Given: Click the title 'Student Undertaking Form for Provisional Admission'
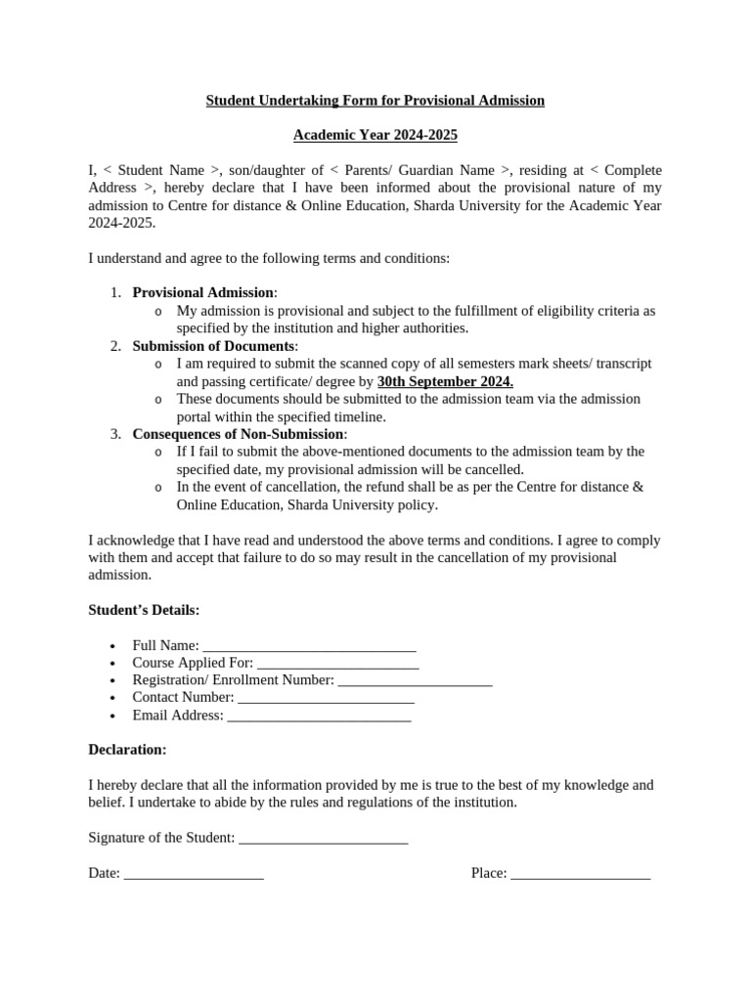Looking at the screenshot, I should tap(375, 101).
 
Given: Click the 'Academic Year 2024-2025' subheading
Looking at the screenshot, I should tap(375, 135).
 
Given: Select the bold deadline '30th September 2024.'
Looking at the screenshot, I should tap(445, 381).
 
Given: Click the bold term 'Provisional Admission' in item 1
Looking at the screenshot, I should tap(203, 292).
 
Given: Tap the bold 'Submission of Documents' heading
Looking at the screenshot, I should tap(213, 346).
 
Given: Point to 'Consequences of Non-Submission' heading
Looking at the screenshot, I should tap(239, 434).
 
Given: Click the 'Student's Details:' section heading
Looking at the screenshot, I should tap(144, 610).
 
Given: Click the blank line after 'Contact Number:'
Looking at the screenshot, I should tap(326, 699).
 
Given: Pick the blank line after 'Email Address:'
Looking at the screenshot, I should tap(319, 717).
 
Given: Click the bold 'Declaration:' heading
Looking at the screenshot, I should tap(127, 750).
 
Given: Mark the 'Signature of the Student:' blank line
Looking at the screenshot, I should tap(323, 839).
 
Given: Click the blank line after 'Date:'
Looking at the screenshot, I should tap(194, 874).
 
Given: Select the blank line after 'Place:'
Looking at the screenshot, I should tap(580, 874).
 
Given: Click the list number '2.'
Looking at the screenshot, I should tap(114, 346).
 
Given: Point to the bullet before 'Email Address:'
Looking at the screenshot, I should tap(114, 717).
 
